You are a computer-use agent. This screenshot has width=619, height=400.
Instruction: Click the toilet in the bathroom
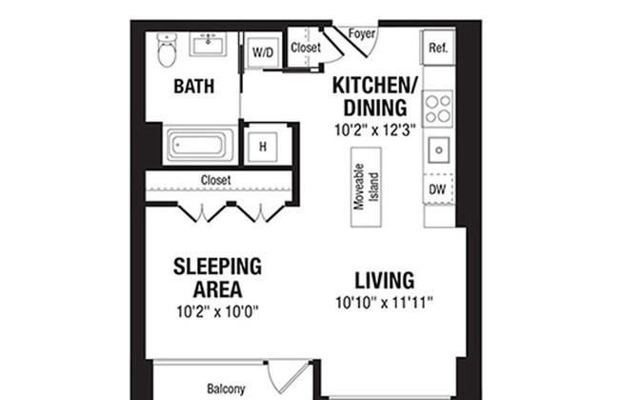click(x=168, y=51)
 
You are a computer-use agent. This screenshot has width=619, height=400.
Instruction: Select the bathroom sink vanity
click(x=207, y=45)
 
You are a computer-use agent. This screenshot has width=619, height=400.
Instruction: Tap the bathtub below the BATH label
click(x=198, y=147)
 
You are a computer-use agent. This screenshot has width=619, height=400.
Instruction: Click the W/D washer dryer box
click(x=263, y=53)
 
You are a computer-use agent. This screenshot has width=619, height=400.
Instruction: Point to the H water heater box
click(x=262, y=147)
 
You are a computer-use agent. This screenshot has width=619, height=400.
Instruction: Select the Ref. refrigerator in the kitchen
click(x=438, y=47)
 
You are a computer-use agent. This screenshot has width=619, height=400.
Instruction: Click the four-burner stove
click(x=438, y=109)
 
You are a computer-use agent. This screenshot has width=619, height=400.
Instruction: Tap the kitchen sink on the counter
click(x=438, y=150)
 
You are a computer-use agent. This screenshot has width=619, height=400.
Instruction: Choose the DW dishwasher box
click(x=438, y=190)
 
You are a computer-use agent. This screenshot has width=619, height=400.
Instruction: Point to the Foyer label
click(x=362, y=34)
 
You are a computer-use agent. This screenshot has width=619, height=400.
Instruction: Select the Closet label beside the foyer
click(x=306, y=47)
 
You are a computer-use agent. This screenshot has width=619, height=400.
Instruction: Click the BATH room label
click(x=193, y=87)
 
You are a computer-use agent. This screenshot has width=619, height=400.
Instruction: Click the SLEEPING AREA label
click(x=217, y=277)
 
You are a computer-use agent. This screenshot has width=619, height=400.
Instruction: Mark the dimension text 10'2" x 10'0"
click(x=217, y=310)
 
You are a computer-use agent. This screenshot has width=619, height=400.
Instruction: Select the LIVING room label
click(x=384, y=281)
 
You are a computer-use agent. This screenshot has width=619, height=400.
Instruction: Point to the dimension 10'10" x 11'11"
click(x=385, y=305)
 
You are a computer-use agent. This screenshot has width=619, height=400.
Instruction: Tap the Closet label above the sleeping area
click(x=215, y=179)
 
